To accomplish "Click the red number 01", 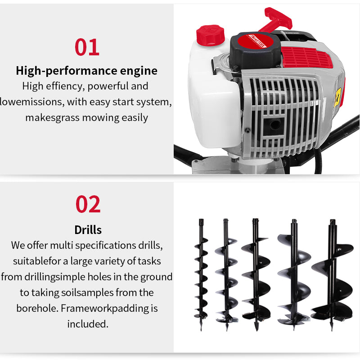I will (87, 47).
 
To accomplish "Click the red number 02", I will (88, 204).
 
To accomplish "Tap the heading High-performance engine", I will (86, 71).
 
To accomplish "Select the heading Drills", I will (88, 230).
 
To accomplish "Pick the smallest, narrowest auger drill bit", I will (201, 270).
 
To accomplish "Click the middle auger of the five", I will (255, 272).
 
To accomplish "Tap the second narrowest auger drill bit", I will (226, 272).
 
